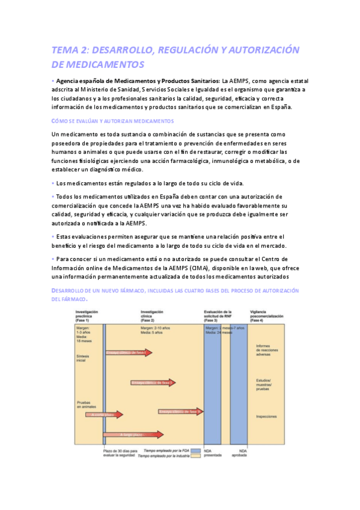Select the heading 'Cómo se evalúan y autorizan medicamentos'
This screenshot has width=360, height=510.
coord(112,121)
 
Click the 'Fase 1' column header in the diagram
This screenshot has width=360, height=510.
coord(87,316)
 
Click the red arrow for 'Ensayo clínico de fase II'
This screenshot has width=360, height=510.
coord(153,382)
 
